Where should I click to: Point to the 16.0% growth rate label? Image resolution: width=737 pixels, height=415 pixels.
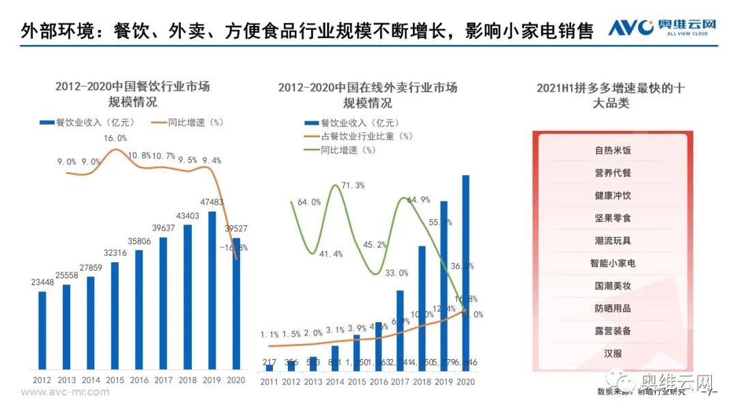(115, 138)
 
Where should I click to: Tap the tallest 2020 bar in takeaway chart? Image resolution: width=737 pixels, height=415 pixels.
(465, 273)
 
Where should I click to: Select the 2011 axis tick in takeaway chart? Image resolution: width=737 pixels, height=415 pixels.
(270, 382)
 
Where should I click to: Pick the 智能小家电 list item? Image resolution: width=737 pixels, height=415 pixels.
(612, 263)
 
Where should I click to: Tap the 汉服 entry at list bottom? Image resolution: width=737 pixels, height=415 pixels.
(612, 354)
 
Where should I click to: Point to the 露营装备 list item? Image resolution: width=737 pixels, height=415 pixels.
(612, 331)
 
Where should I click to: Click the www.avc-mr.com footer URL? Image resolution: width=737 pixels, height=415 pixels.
(65, 392)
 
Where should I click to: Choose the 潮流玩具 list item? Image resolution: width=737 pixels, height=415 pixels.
(612, 240)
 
